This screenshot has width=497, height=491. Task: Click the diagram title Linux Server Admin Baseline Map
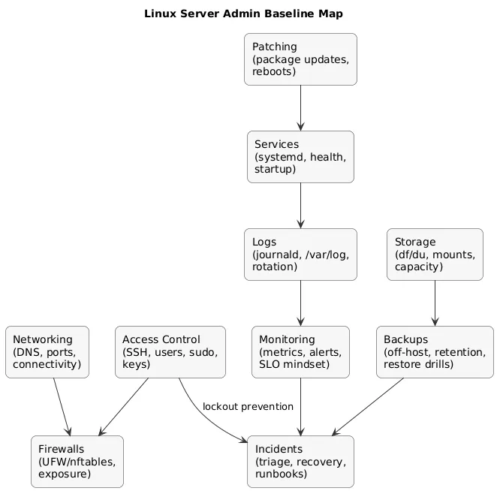(x=248, y=14)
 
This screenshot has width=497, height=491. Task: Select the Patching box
(x=300, y=59)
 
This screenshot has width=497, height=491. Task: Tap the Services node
(x=300, y=157)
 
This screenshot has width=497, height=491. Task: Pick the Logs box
(x=300, y=255)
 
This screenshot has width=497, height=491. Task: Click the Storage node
(x=435, y=255)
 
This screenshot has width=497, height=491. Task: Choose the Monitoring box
(x=300, y=352)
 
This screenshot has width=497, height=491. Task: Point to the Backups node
(x=435, y=352)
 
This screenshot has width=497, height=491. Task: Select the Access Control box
(x=170, y=352)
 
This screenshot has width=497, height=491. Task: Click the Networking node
(x=47, y=352)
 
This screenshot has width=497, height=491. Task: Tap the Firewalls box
(x=77, y=461)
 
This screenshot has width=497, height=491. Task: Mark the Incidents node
(x=300, y=461)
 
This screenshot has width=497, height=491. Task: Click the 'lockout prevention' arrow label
(x=248, y=407)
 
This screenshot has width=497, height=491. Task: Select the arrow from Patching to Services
(x=300, y=108)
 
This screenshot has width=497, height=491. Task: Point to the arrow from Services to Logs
(x=300, y=206)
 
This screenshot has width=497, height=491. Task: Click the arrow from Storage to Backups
(x=435, y=303)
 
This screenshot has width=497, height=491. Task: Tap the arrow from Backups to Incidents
(x=368, y=406)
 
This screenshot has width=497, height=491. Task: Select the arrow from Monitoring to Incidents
(x=300, y=406)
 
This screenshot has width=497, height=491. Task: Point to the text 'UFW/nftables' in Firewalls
(x=76, y=462)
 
